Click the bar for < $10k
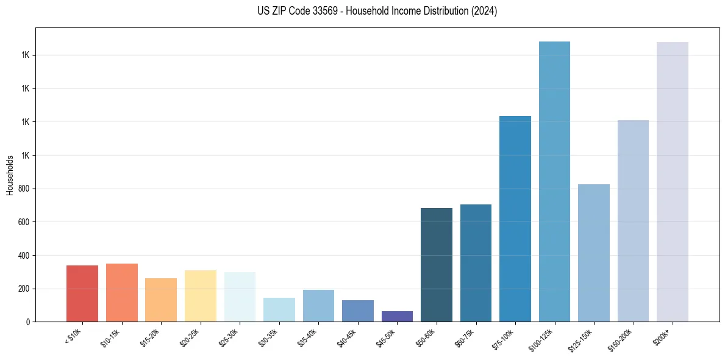(x=82, y=293)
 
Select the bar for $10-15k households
(x=122, y=292)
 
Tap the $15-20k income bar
(x=161, y=300)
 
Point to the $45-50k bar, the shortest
(x=397, y=316)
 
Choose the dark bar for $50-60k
(x=437, y=265)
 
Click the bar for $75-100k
(x=515, y=218)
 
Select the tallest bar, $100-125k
(x=554, y=181)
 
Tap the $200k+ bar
(x=673, y=182)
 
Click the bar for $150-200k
(x=633, y=221)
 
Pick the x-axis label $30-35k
(x=269, y=337)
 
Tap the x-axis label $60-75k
(x=465, y=337)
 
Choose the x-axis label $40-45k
(x=348, y=337)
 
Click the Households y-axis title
(x=10, y=175)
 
